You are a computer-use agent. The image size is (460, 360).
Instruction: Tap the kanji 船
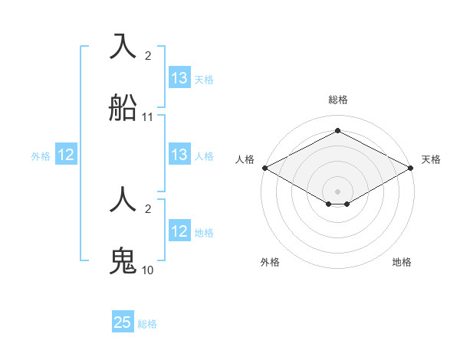(x=123, y=107)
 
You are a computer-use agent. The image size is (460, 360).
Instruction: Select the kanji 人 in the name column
(x=123, y=201)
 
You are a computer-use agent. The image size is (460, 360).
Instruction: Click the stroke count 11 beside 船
(x=148, y=117)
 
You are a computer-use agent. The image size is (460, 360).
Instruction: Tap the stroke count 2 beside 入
(x=148, y=56)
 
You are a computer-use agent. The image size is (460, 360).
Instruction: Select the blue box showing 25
(x=123, y=322)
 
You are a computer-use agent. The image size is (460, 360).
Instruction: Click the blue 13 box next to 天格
(x=179, y=78)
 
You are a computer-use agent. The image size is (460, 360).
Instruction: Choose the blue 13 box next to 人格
(x=179, y=155)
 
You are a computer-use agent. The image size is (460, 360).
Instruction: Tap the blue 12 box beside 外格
(x=66, y=155)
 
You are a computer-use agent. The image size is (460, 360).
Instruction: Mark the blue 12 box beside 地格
(x=179, y=231)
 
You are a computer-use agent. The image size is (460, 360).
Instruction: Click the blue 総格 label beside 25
(x=147, y=324)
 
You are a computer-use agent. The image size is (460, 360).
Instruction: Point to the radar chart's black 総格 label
(x=338, y=100)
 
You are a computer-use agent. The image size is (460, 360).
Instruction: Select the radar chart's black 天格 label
(x=431, y=159)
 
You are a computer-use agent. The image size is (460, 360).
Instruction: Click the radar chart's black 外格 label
(x=270, y=262)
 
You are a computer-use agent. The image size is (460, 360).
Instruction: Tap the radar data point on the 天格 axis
(x=412, y=168)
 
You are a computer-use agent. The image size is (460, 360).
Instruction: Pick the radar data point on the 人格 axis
(x=264, y=168)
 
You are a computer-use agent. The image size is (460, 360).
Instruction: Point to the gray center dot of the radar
(x=338, y=191)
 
